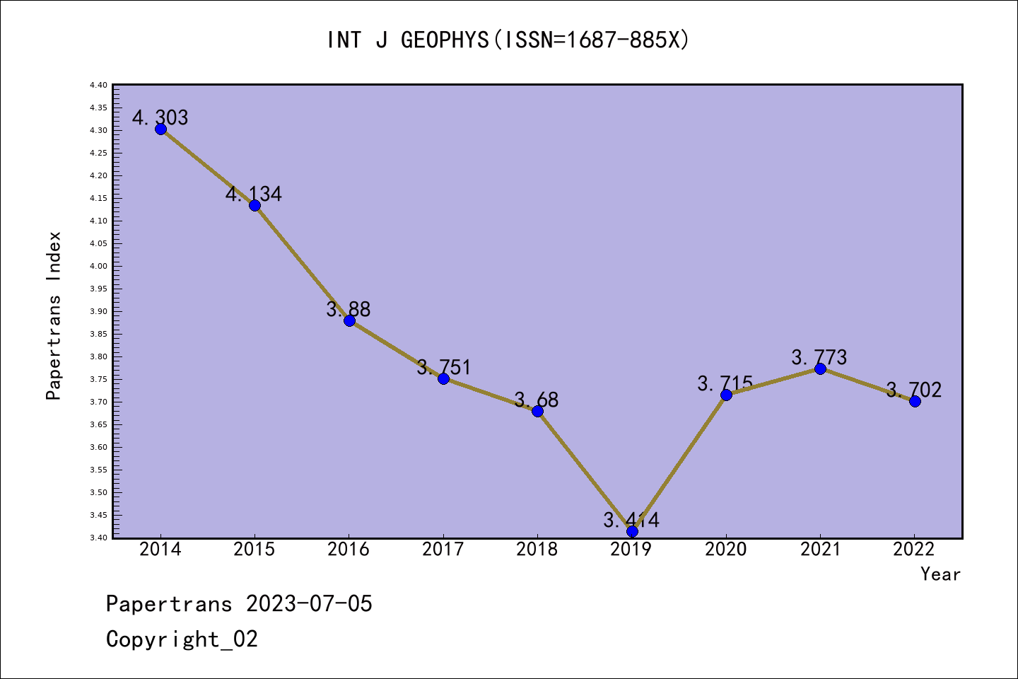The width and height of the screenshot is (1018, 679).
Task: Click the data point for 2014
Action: (160, 129)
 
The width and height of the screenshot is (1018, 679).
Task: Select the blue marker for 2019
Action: (632, 531)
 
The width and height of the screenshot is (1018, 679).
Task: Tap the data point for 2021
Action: (820, 368)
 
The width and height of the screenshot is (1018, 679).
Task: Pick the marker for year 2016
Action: (349, 320)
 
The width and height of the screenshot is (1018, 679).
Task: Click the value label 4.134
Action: (254, 194)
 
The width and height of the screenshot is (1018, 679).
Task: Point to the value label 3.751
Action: (443, 367)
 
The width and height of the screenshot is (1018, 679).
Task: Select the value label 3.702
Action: (914, 390)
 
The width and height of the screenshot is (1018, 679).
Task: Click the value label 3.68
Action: (537, 400)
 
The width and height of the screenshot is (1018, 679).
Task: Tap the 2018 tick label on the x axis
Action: (537, 550)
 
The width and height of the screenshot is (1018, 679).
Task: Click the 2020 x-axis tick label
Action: (726, 550)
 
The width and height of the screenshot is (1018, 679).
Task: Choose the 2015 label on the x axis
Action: (255, 550)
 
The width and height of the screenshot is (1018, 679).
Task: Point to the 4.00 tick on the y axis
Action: (99, 266)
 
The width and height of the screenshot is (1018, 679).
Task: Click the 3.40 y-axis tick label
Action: (99, 538)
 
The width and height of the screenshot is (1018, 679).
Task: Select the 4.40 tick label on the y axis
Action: (99, 85)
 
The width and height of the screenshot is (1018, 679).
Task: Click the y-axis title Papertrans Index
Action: (54, 315)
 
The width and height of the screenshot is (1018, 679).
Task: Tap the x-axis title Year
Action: (940, 574)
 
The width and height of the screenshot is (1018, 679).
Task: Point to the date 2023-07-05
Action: (309, 604)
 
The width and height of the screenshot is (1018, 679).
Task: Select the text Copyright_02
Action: (182, 639)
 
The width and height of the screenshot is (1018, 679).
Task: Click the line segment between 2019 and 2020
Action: (679, 463)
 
